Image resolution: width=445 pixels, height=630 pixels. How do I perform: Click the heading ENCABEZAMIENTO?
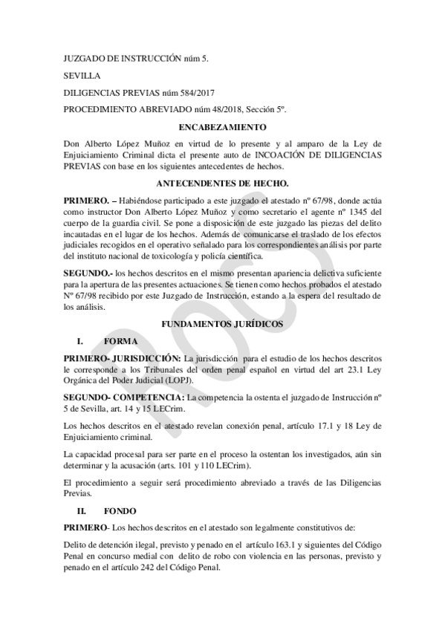(222, 127)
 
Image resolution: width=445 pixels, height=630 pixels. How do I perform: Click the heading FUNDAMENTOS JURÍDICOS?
(222, 325)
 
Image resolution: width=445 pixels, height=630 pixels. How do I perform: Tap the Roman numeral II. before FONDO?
(84, 510)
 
